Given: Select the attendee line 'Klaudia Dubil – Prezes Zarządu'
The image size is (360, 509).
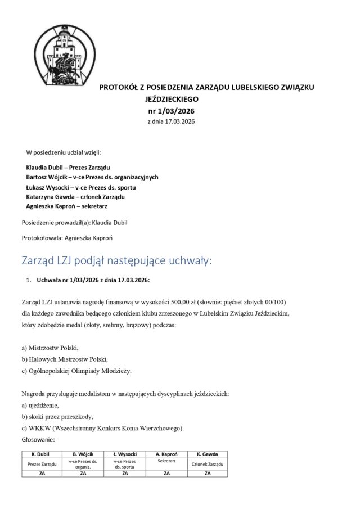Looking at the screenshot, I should pos(68,168).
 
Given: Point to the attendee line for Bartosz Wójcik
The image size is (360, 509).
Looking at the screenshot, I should pos(92,177).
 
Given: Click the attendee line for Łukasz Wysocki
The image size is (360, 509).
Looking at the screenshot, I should pos(81,187).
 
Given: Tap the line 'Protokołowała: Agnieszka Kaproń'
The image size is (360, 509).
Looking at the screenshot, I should pos(67,238).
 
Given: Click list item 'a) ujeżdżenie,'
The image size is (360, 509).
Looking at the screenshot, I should pos(40,405).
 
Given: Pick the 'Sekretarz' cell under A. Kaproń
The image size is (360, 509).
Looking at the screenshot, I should pos(166,461).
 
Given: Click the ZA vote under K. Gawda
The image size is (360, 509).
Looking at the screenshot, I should pos(208,474).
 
